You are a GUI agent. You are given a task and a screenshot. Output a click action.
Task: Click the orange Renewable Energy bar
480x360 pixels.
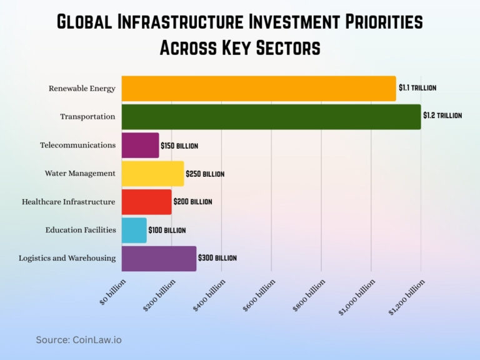click(259, 89)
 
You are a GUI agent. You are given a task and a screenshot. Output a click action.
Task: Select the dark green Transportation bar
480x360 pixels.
click(271, 117)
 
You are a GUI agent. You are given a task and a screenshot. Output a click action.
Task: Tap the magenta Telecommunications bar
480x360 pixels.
click(140, 145)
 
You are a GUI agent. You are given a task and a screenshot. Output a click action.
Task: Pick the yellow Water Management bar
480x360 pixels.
click(152, 174)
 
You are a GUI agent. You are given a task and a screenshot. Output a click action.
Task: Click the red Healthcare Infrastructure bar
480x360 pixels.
click(146, 202)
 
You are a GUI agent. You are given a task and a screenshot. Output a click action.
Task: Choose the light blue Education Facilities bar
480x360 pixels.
click(134, 230)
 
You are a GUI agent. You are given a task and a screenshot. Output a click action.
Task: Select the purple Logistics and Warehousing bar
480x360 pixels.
click(159, 258)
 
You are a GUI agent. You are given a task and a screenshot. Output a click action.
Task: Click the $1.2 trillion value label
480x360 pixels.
click(442, 116)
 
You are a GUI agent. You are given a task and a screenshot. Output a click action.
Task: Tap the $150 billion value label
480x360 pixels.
click(179, 146)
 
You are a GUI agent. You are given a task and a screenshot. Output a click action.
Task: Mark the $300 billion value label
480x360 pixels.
click(217, 257)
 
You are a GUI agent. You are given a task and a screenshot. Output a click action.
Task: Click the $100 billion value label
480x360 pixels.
click(167, 230)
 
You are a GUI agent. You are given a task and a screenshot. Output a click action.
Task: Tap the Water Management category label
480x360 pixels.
click(80, 173)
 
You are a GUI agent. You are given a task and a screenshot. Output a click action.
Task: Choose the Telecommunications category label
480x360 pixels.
click(77, 145)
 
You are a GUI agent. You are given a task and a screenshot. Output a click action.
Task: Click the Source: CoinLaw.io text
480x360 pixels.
click(79, 339)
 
